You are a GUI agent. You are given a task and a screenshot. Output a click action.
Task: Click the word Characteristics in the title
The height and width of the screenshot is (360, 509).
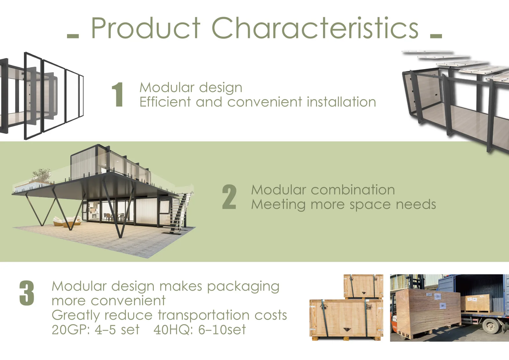click(x=315, y=28)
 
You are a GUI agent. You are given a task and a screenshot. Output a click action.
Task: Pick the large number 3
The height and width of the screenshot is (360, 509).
click(x=27, y=293)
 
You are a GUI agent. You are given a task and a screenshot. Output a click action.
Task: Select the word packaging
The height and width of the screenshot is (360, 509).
click(x=243, y=287)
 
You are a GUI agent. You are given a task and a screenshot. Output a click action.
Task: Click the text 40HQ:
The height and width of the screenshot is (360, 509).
click(x=173, y=330)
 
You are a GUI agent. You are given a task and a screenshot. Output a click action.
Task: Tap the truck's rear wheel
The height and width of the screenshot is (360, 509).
click(x=491, y=326)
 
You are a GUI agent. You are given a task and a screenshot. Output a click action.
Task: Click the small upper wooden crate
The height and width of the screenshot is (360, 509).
click(x=363, y=286)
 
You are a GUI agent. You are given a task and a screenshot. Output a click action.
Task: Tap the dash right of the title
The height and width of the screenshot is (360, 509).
click(x=436, y=36)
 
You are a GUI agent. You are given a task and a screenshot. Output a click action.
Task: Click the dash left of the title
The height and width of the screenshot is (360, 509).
click(x=73, y=36)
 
